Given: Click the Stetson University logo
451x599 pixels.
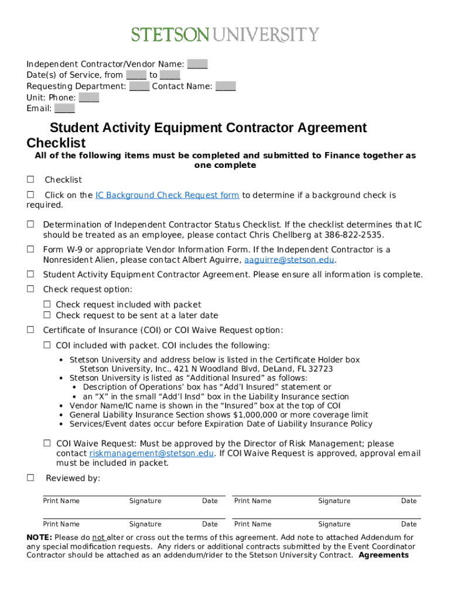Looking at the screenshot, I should coord(225,35).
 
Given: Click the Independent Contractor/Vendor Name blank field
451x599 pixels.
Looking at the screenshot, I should coord(197,64).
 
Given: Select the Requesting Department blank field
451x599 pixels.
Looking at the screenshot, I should coord(139,87).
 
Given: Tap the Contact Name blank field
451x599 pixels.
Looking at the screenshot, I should coord(225,87).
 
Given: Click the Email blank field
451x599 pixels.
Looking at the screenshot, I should coord(64,109).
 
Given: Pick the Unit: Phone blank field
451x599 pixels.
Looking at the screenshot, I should coord(89,98).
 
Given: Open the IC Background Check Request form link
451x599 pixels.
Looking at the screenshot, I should coord(167,195).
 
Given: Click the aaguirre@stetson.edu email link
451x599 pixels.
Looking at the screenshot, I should coord(289,260).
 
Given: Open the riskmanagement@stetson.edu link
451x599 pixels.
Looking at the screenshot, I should coord(152,453).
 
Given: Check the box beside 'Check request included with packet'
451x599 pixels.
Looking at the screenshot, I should coord(47,305).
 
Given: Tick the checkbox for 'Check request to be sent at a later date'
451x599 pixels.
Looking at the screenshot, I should coord(47,316).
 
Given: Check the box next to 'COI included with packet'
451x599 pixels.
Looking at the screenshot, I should coord(47,346).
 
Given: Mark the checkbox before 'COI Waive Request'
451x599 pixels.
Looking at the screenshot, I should coord(47,443).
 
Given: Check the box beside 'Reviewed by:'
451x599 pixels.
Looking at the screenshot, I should coord(30,478).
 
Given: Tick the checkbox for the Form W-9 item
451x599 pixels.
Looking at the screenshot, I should coord(30,250).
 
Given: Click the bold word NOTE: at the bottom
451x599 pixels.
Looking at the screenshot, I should coord(39,537).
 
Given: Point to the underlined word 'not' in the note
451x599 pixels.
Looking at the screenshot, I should coord(98,537).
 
